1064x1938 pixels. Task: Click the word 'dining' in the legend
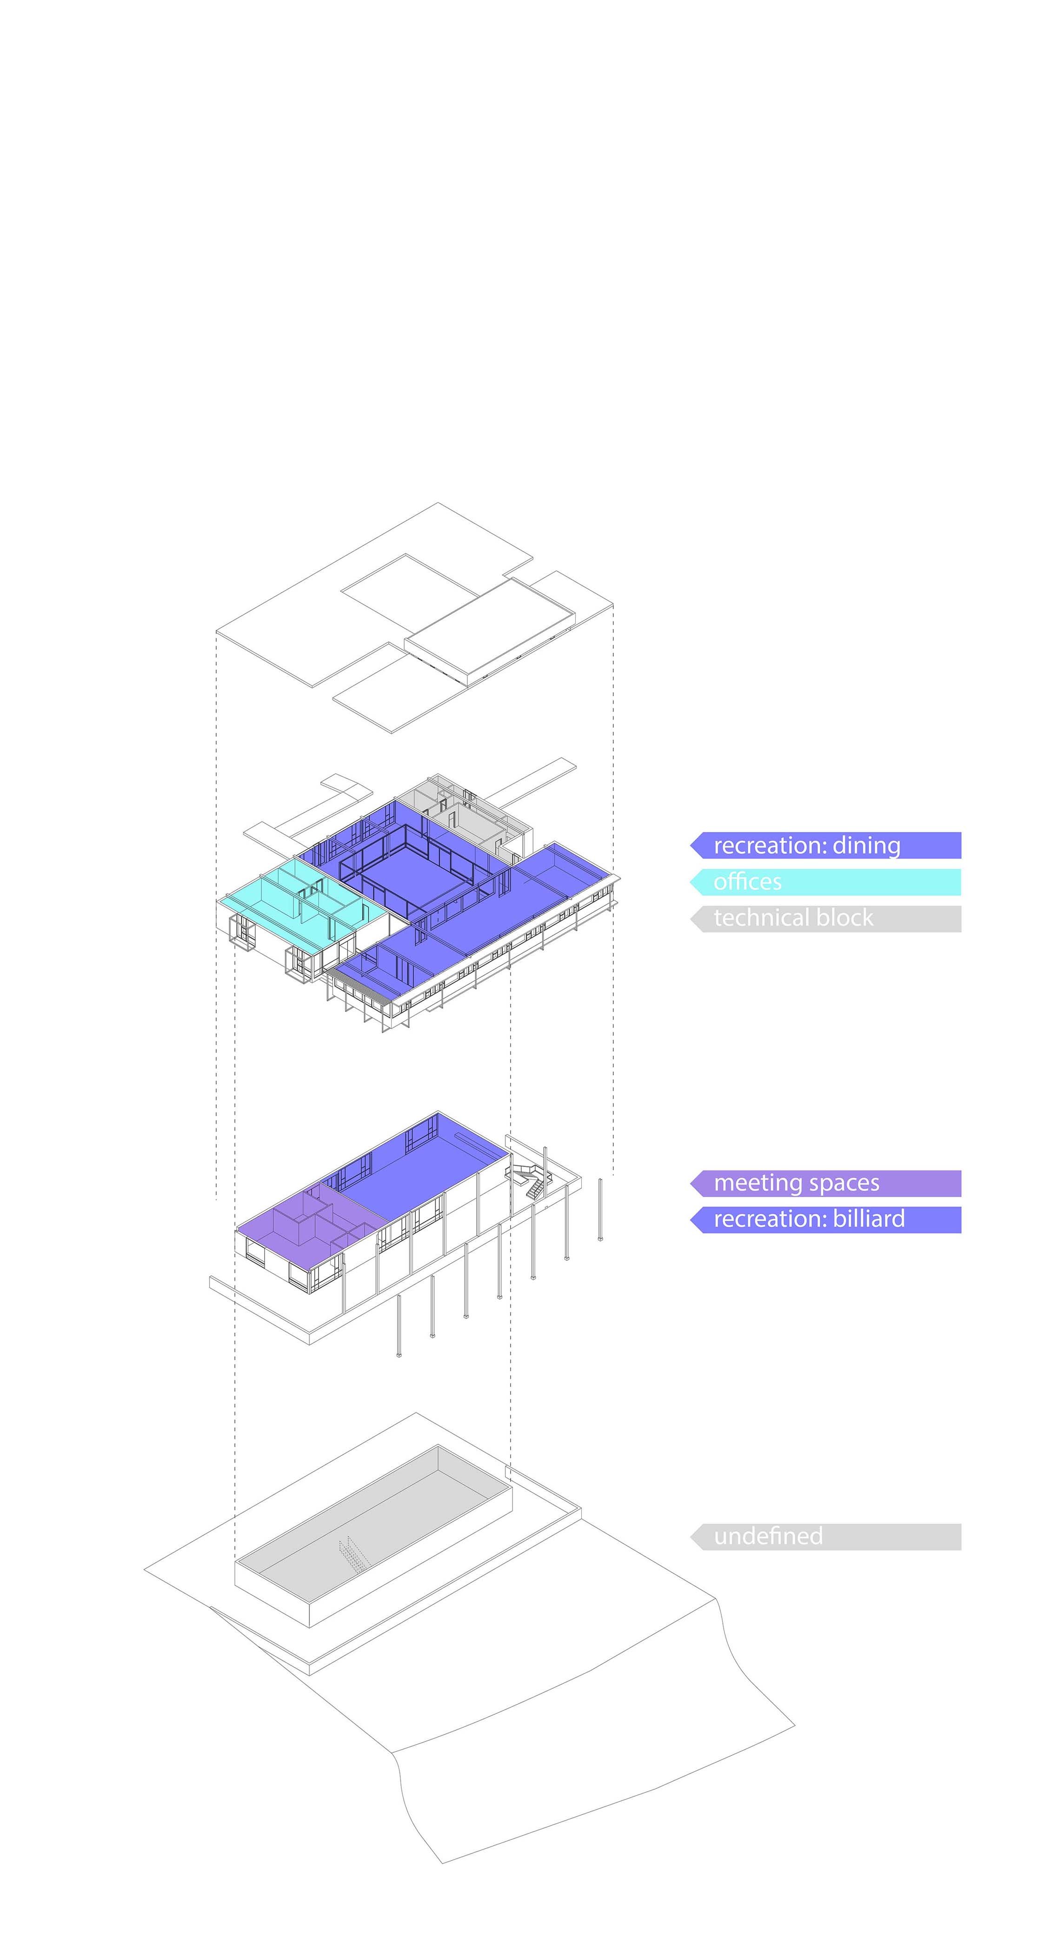point(866,846)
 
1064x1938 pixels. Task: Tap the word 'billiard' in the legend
point(869,1219)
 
